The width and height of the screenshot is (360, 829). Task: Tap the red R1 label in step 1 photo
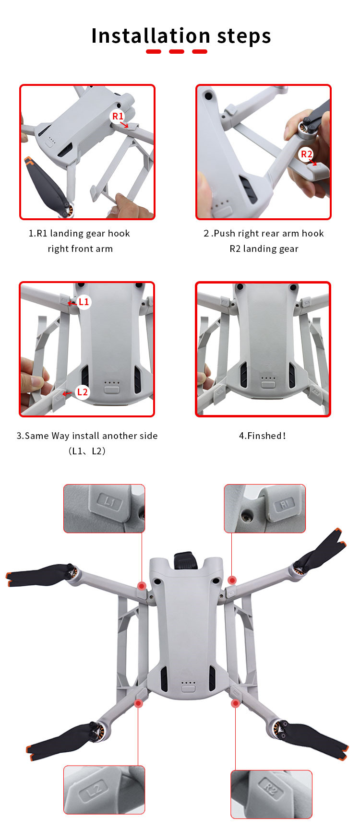coord(118,116)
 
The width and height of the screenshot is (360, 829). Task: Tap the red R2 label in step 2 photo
coord(306,154)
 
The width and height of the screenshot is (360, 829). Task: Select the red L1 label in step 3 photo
coord(84,302)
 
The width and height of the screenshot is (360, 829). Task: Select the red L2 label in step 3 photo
coord(83,392)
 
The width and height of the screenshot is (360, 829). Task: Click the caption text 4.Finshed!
coord(263,436)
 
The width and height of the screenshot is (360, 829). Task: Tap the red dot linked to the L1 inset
coord(142,586)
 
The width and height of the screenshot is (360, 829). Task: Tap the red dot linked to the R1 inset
coord(232,580)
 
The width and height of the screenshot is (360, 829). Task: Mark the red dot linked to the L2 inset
coord(138,703)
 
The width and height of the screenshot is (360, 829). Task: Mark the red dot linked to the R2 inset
coord(235,703)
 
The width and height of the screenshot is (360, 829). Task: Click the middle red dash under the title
coord(177,51)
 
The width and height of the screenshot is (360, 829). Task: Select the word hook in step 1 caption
coord(119,233)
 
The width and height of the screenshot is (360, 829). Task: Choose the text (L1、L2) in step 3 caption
coord(87,451)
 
